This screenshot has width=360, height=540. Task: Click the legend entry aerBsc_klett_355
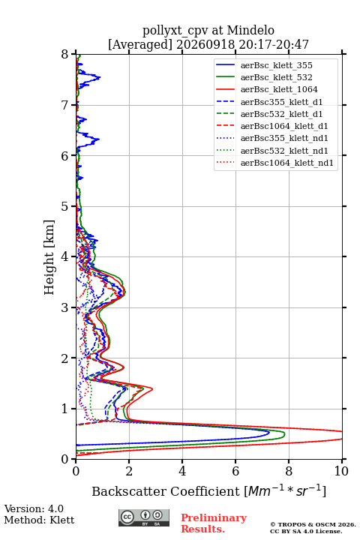pos(276,65)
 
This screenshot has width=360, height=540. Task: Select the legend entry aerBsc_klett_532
pos(276,77)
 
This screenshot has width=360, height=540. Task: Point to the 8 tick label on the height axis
pos(65,55)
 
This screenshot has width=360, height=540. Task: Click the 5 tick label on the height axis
pos(65,207)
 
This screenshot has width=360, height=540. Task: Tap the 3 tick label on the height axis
pos(65,307)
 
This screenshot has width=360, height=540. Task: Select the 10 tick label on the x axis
pos(341,471)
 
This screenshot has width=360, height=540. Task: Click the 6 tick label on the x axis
pos(235,471)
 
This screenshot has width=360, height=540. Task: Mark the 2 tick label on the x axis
pos(129,471)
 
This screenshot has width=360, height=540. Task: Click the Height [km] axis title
pos(49,257)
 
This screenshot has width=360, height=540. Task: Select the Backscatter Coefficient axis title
pos(208,490)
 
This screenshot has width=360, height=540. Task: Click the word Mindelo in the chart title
pos(250,30)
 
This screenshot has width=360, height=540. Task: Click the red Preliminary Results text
pos(214,523)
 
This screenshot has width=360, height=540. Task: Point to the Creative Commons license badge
pos(144,517)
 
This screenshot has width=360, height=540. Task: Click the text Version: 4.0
pos(34,508)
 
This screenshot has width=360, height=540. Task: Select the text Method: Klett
pos(39,520)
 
